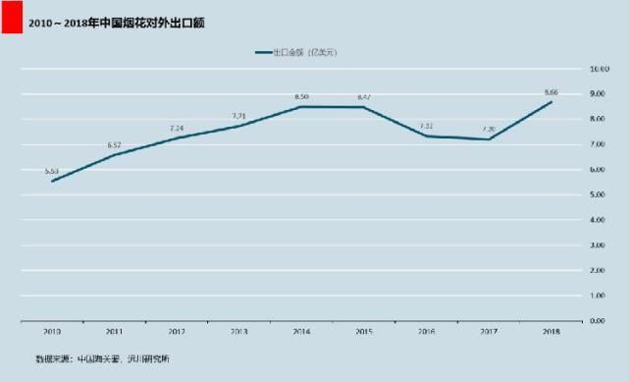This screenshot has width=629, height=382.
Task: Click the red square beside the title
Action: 11,20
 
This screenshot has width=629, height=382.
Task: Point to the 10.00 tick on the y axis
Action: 599,69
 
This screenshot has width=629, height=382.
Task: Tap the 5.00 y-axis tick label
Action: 599,194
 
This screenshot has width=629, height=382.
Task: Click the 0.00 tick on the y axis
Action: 599,320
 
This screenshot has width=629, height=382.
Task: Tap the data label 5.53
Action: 52,171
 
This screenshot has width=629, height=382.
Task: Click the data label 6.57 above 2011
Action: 115,145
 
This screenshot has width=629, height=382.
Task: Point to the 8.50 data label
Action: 301,96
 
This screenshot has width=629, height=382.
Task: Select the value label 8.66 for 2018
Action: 551,92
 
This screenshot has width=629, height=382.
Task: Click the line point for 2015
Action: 364,107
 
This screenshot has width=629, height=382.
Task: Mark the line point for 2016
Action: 427,136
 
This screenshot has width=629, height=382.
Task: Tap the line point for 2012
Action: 177,138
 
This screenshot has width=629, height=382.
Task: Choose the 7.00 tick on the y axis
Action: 599,144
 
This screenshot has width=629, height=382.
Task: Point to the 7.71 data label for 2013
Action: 238,116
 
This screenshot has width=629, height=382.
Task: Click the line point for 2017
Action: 489,139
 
